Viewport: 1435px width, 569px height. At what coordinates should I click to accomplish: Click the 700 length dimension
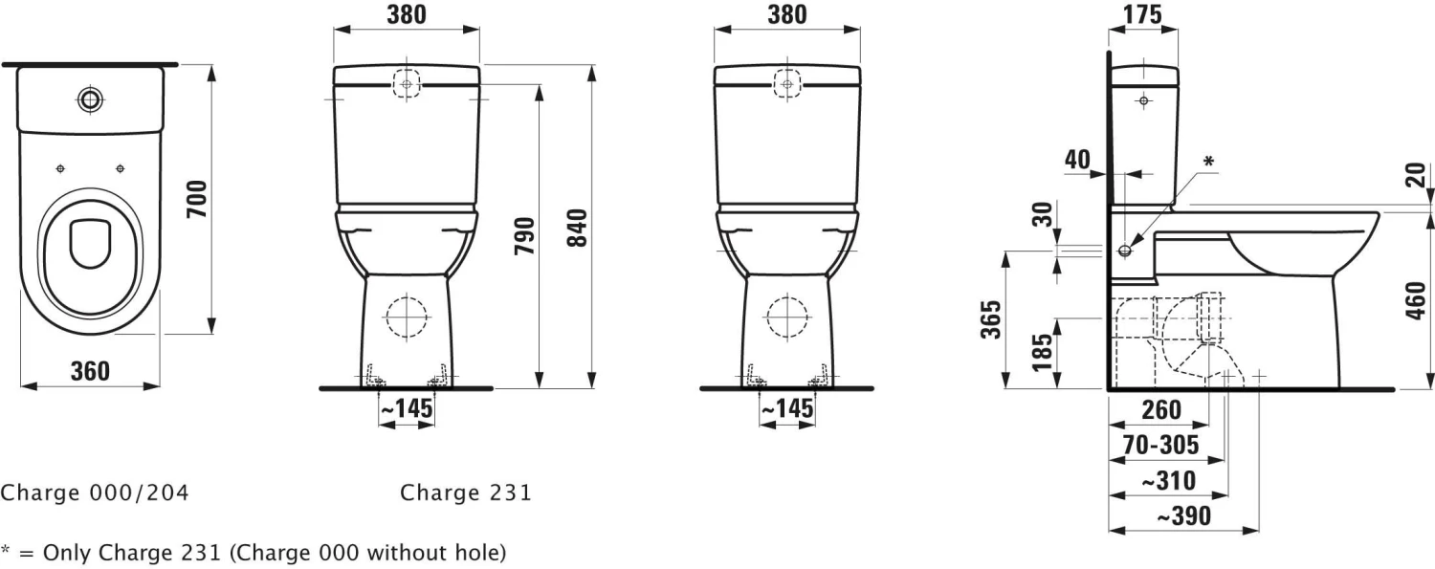pyautogui.click(x=198, y=199)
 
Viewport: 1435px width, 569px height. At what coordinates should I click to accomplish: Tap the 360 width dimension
pyautogui.click(x=90, y=371)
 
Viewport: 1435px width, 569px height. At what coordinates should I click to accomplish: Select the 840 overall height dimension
pyautogui.click(x=577, y=228)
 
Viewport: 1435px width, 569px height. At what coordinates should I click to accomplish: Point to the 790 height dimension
pyautogui.click(x=525, y=236)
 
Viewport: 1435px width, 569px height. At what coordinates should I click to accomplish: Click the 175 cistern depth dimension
pyautogui.click(x=1141, y=14)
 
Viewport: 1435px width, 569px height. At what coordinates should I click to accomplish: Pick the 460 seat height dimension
pyautogui.click(x=1416, y=301)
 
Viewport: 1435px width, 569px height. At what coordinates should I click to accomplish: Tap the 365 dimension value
pyautogui.click(x=990, y=319)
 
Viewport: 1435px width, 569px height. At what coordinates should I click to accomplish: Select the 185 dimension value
pyautogui.click(x=1043, y=352)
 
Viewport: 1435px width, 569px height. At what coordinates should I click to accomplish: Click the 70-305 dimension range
pyautogui.click(x=1160, y=444)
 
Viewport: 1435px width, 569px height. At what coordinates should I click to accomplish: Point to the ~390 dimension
pyautogui.click(x=1184, y=515)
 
